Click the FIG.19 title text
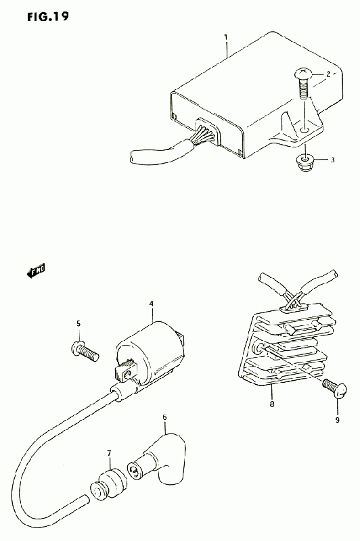pos(48,16)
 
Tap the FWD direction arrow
pos(36,270)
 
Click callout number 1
pos(226,37)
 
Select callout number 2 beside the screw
pos(328,74)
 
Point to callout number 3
pos(333,160)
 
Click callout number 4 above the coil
pos(151,304)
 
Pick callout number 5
pos(78,323)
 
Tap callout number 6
pos(164,417)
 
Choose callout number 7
pos(109,452)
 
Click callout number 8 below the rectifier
pos(272,404)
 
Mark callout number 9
pos(337,420)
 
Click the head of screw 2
pos(304,74)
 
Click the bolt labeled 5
pos(84,350)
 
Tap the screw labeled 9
pos(334,388)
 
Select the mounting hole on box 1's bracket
pos(305,130)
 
